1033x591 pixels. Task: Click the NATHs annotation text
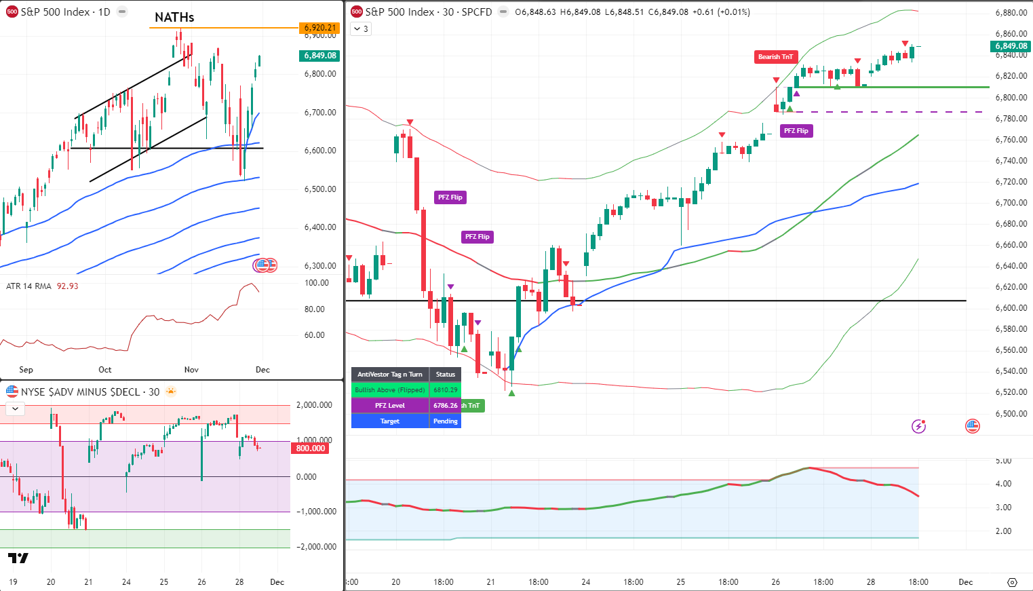pos(174,18)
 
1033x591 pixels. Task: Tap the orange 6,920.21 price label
pos(319,28)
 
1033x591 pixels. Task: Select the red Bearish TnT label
pos(775,57)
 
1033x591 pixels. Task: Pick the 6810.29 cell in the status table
pos(445,390)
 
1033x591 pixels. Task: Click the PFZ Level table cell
pos(390,406)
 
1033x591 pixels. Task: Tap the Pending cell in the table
pos(445,421)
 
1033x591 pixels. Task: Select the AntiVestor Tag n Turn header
pos(390,375)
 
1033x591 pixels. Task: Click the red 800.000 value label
pos(311,449)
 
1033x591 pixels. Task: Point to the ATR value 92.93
pos(67,286)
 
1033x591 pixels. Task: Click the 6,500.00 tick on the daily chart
pos(320,189)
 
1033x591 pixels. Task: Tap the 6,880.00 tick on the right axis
pos(1011,13)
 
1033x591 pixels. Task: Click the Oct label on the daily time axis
pos(104,370)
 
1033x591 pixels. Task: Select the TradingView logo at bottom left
pos(18,558)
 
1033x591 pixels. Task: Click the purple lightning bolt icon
pos(918,426)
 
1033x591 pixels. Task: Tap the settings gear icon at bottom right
pos(1012,582)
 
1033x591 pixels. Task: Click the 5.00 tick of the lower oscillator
pos(1003,461)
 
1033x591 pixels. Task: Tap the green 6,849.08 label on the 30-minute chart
pos(1011,46)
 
